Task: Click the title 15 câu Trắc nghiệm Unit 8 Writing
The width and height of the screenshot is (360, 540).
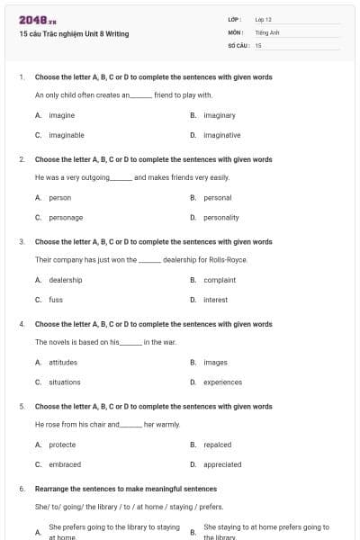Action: point(74,34)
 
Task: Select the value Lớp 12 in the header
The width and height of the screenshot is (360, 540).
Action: point(263,19)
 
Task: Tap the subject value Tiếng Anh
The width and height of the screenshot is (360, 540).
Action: point(267,31)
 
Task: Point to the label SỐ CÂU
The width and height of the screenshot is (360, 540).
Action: point(238,44)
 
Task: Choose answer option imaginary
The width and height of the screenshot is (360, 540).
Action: point(219,115)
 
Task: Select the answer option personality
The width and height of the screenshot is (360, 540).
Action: point(220,217)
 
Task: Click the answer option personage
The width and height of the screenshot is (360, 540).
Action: point(66,217)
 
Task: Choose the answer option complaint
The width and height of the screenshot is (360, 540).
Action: point(219,280)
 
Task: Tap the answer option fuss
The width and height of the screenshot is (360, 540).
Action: point(56,300)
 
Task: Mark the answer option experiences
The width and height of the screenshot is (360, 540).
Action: point(222,382)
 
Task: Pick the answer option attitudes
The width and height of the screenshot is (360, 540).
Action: point(63,362)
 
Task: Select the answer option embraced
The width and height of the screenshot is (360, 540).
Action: point(65,464)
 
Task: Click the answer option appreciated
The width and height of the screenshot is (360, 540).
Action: point(222,464)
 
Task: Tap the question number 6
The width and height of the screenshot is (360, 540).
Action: point(21,489)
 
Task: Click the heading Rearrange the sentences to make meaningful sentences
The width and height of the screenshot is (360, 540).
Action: point(126,489)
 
